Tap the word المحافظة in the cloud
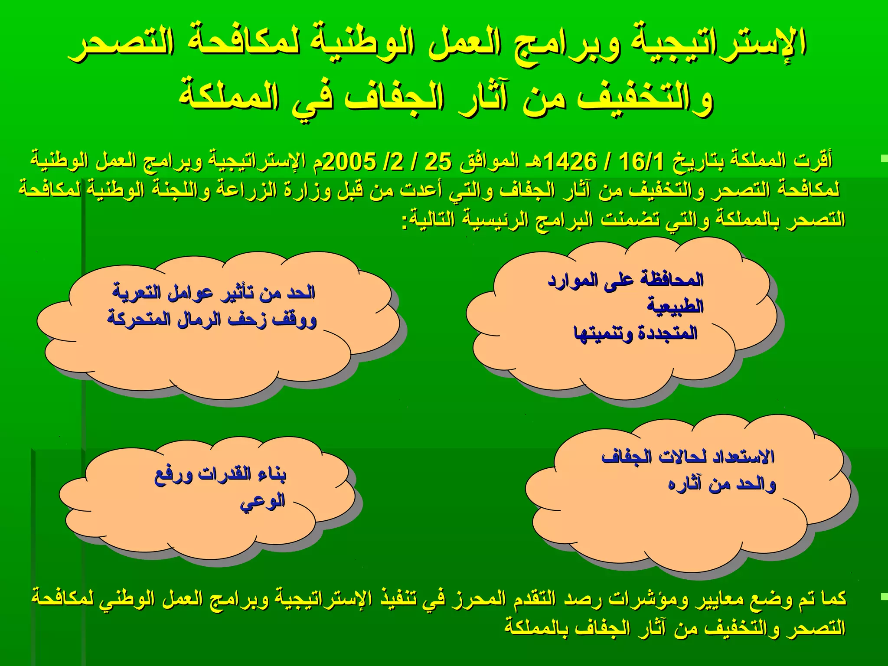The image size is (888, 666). (672, 280)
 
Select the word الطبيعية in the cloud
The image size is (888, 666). (675, 307)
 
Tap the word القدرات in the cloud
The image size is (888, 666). (225, 474)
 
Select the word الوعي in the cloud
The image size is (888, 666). (263, 502)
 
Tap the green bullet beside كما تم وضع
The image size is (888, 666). (884, 598)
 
